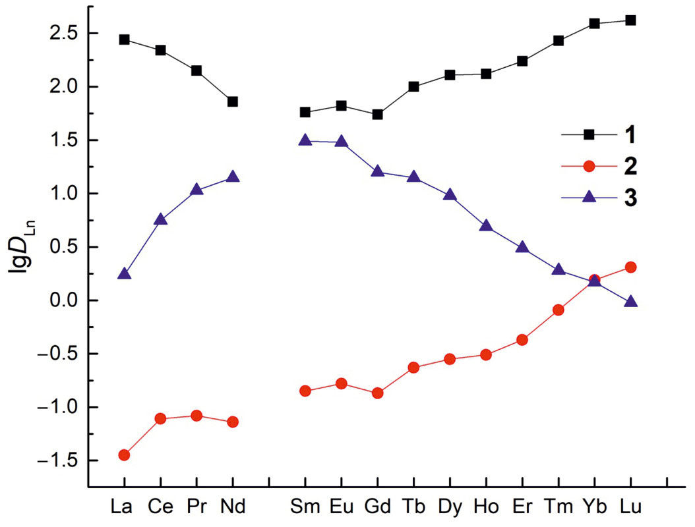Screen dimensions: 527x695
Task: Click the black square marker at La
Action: (124, 40)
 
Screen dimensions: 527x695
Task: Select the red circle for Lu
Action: (630, 267)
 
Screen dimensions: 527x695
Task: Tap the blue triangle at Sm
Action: (305, 141)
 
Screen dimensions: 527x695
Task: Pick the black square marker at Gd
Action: (377, 115)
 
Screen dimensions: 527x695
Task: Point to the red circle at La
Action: (124, 455)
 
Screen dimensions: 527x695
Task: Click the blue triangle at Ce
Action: (160, 220)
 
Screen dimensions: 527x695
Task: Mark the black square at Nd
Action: (232, 101)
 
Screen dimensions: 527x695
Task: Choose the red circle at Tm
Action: (558, 310)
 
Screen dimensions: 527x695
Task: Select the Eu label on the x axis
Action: (341, 507)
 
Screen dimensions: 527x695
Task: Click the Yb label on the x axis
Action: (594, 507)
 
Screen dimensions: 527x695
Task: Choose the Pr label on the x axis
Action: (196, 507)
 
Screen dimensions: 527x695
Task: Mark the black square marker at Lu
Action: (630, 20)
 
